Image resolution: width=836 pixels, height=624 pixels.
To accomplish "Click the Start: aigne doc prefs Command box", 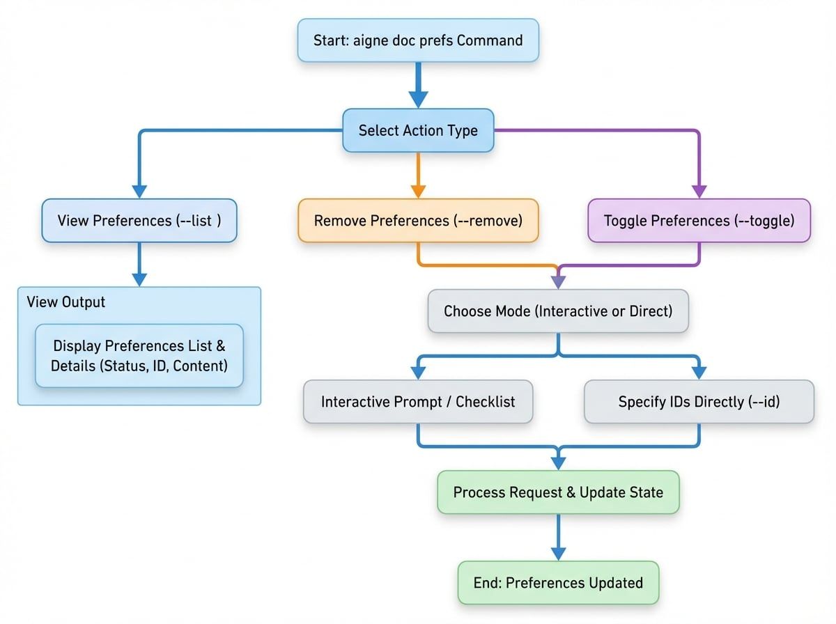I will point(418,40).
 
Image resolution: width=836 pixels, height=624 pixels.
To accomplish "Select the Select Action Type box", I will point(418,130).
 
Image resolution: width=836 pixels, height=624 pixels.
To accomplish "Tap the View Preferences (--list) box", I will point(139,221).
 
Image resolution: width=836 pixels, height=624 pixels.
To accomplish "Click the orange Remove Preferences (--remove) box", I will point(418,221).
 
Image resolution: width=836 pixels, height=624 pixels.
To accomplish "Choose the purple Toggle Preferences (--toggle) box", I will point(699,221).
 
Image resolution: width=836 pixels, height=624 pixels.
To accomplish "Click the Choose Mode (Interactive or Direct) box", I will point(558,311).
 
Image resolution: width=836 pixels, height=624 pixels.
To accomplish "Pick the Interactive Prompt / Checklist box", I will point(418,402).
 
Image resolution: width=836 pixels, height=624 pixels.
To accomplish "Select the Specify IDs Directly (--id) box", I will point(699,402).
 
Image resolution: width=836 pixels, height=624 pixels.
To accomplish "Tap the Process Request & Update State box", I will point(558,492).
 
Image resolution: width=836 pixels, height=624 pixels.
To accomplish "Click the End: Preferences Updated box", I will point(558,582).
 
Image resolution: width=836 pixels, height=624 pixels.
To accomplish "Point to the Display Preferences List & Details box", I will point(139,355).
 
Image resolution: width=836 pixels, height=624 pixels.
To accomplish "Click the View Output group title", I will point(66,302).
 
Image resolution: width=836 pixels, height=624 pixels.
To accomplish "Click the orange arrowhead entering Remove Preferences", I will point(418,192).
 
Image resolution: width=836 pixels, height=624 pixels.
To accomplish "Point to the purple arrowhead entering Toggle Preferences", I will point(699,192).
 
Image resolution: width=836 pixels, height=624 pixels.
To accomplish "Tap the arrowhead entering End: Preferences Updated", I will point(558,553).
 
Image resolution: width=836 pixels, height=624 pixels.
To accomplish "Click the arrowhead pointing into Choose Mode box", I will point(558,282).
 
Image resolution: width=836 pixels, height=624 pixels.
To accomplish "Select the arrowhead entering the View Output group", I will point(139,279).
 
